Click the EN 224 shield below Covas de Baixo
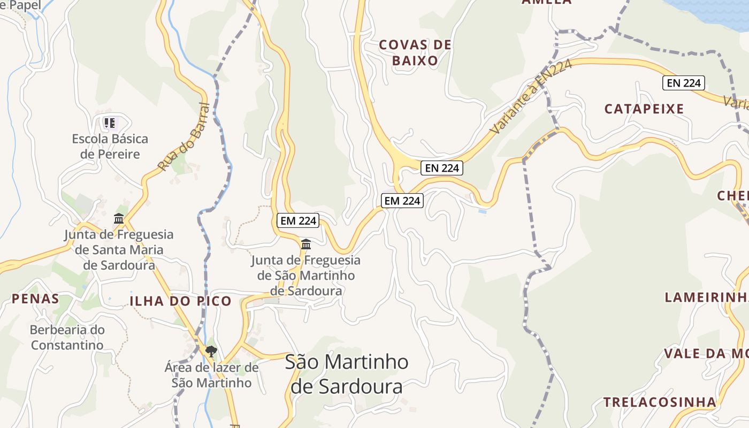pyautogui.click(x=441, y=167)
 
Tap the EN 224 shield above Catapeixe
pyautogui.click(x=683, y=83)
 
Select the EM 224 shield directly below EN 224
pyautogui.click(x=402, y=201)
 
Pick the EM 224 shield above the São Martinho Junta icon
pyautogui.click(x=298, y=220)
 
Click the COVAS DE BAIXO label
pyautogui.click(x=415, y=52)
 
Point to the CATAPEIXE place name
pyautogui.click(x=644, y=109)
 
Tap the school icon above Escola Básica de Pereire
pyautogui.click(x=110, y=124)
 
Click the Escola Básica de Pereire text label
pyautogui.click(x=110, y=147)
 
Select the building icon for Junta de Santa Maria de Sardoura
pyautogui.click(x=119, y=219)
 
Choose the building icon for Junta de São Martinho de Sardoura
pyautogui.click(x=306, y=244)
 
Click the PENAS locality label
pyautogui.click(x=35, y=299)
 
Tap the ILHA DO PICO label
pyautogui.click(x=180, y=301)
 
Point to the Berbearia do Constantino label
pyautogui.click(x=67, y=337)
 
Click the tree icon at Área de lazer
pyautogui.click(x=211, y=351)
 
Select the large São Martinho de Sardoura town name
pyautogui.click(x=347, y=373)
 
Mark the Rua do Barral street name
pyautogui.click(x=182, y=137)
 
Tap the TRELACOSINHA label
pyautogui.click(x=659, y=402)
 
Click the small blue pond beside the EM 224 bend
pyautogui.click(x=483, y=212)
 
